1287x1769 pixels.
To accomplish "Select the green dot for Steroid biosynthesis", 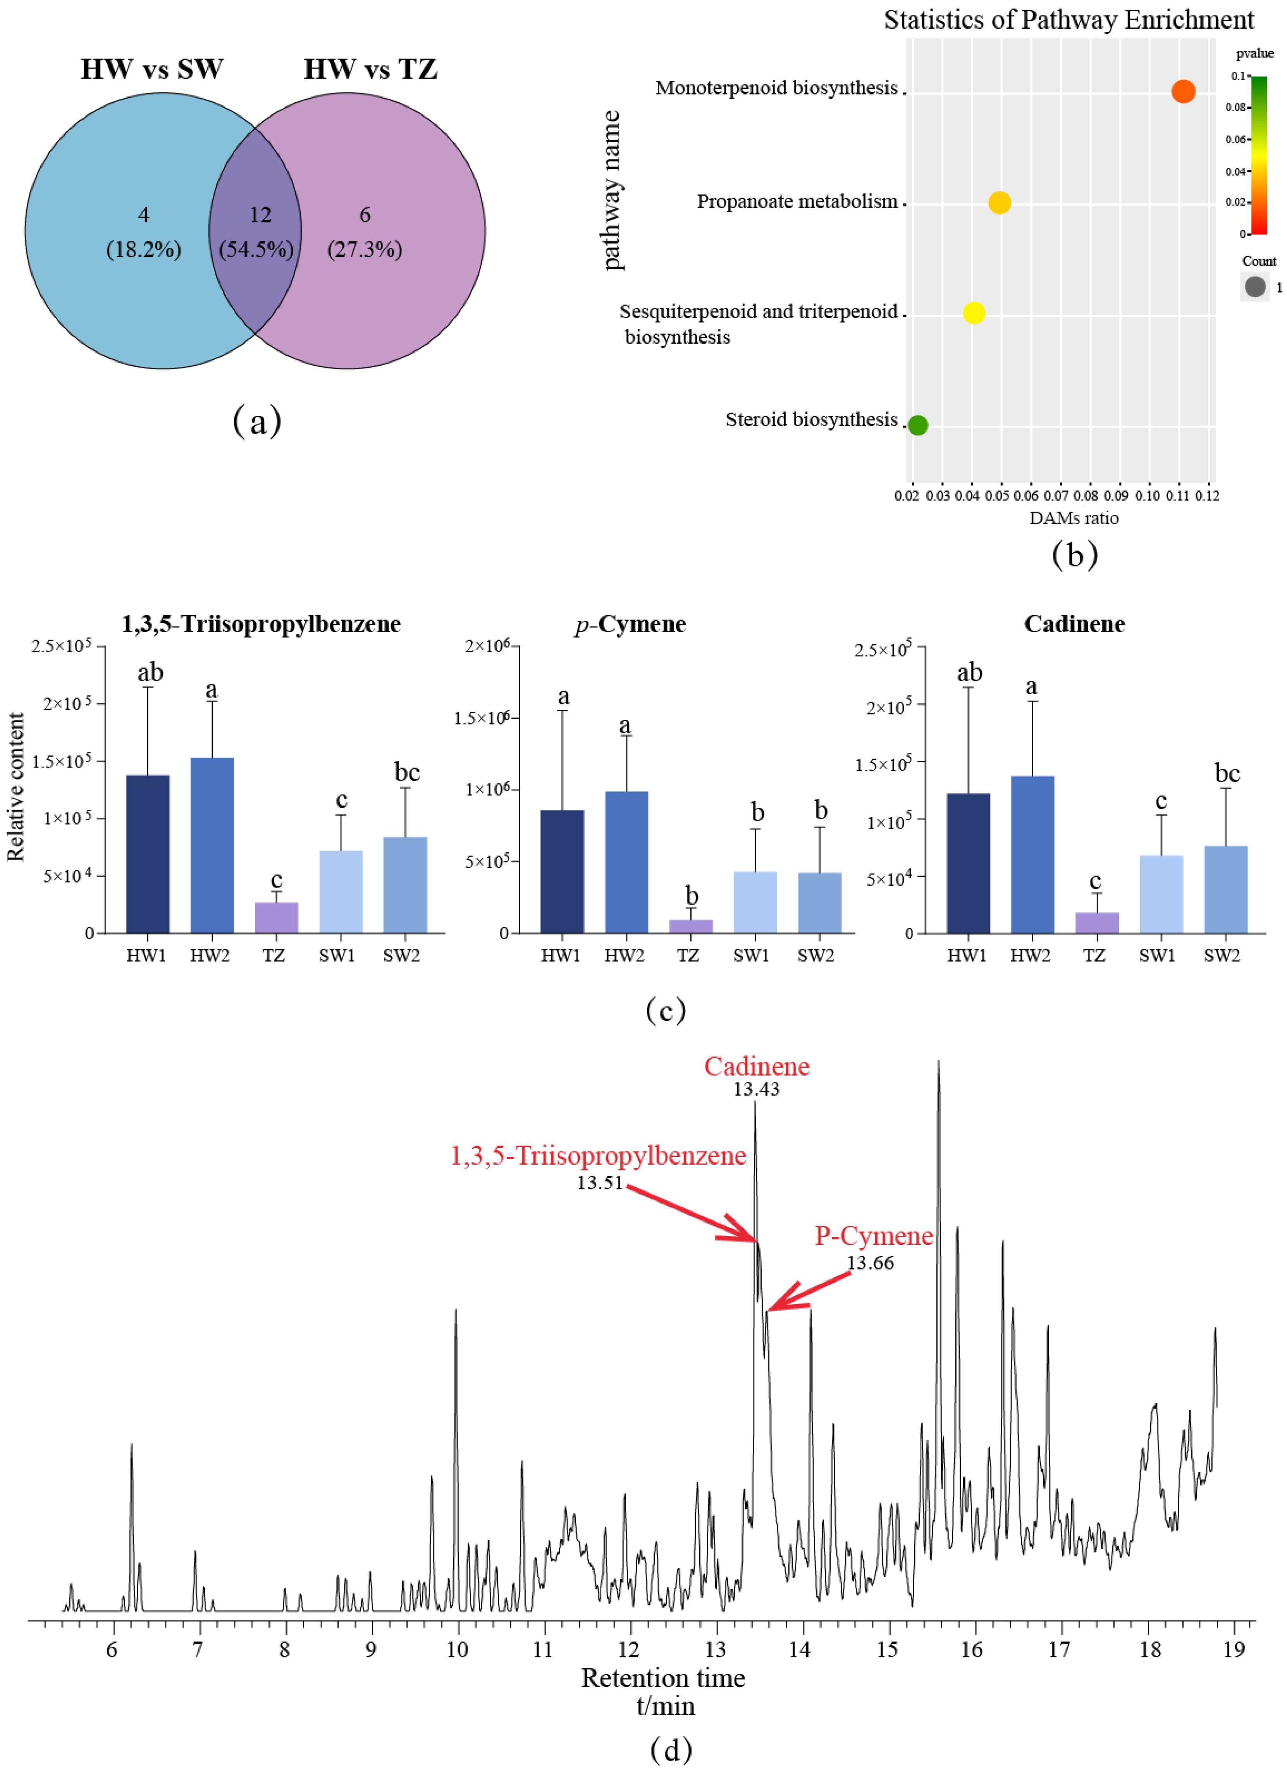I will (x=918, y=425).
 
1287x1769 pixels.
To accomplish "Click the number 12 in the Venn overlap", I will (x=260, y=215).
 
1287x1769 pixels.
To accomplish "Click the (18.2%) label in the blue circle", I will (x=143, y=250).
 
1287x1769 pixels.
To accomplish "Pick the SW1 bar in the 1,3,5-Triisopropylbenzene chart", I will (x=341, y=891).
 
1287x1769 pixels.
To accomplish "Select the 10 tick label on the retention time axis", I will (x=457, y=1650).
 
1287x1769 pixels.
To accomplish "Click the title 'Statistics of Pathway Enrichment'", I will (x=1068, y=19).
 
